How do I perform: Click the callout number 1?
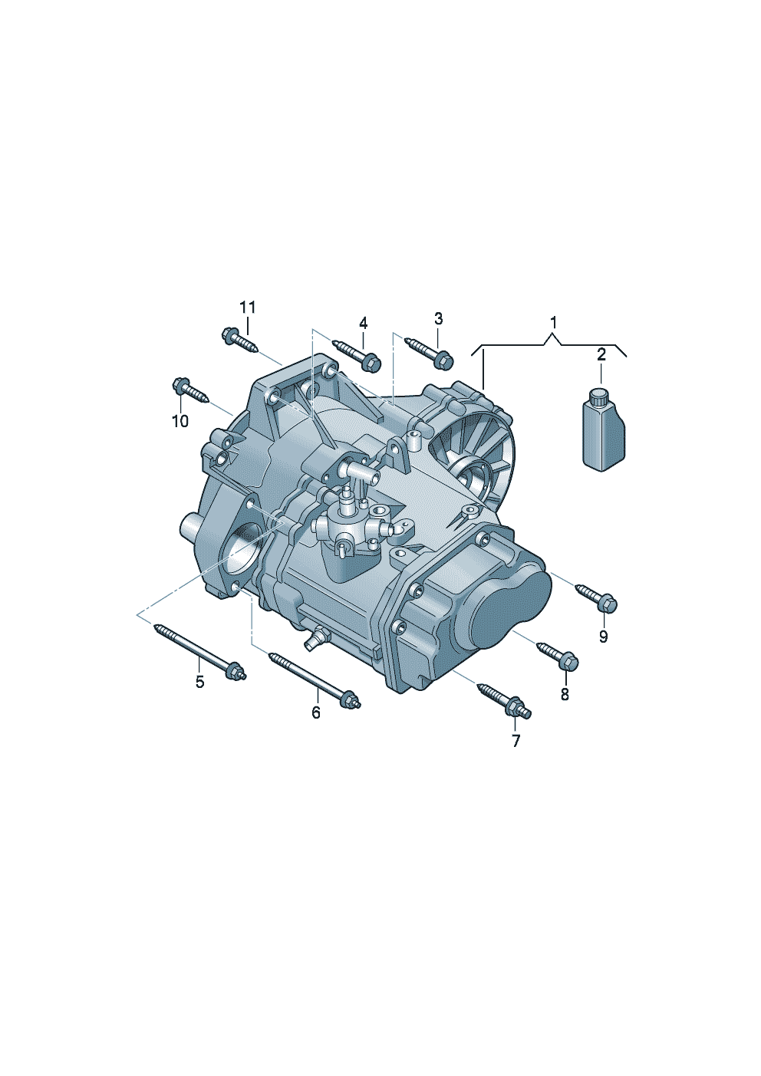tap(553, 321)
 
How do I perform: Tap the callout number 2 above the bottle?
tap(601, 354)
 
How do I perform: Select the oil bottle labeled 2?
tap(603, 434)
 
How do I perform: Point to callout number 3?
tap(438, 318)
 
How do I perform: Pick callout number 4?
tap(363, 322)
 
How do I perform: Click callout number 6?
tap(316, 712)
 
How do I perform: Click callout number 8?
tap(565, 694)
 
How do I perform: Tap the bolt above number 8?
tap(558, 653)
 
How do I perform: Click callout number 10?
tap(180, 421)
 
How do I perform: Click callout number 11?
tap(247, 307)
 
